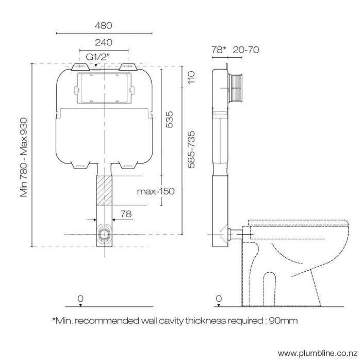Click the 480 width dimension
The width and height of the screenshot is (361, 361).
(x=104, y=25)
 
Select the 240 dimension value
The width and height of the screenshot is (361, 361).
(x=104, y=43)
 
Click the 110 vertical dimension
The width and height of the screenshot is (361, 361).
(x=191, y=78)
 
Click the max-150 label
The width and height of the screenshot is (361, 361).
(x=155, y=191)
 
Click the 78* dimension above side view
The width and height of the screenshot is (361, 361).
(x=219, y=50)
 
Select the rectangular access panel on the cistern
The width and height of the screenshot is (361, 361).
(x=104, y=89)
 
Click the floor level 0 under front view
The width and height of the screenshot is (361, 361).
(x=80, y=299)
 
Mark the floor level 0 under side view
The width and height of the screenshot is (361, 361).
(x=219, y=299)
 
